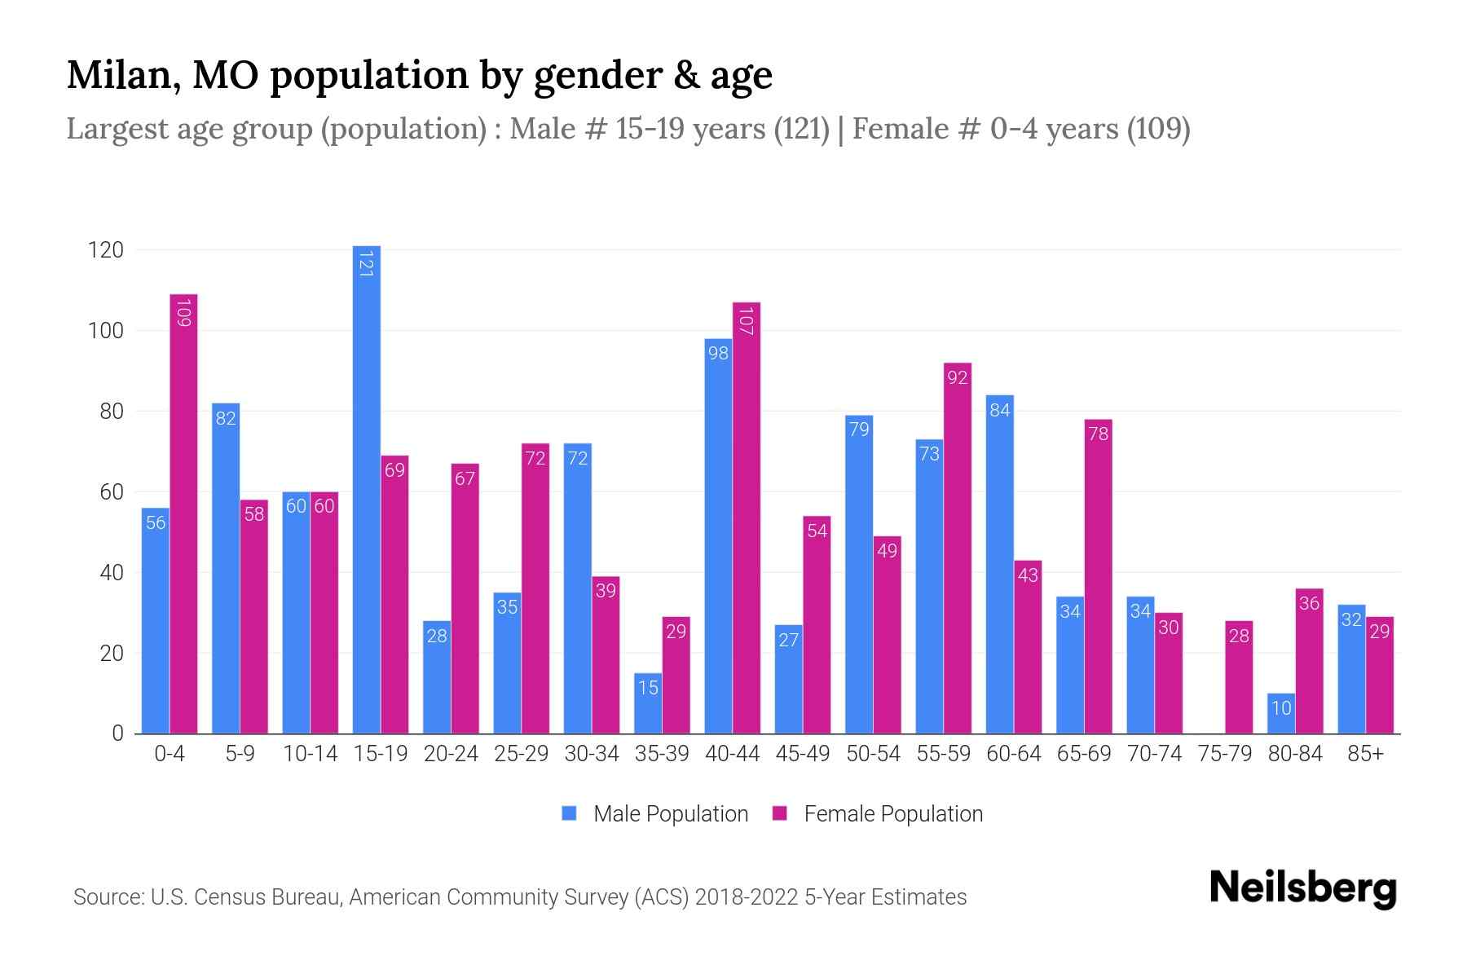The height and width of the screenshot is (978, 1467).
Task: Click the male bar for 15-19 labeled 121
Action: [366, 489]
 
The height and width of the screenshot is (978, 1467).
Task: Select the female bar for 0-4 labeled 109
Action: [183, 513]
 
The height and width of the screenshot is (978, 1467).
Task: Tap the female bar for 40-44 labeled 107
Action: [746, 518]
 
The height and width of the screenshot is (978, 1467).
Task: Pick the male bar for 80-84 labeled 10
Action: [1281, 714]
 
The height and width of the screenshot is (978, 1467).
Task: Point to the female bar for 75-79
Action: [1239, 677]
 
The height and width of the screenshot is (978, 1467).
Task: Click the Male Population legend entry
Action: [655, 813]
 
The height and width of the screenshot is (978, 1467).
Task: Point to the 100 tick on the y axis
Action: [106, 331]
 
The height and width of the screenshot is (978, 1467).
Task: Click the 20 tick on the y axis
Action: [112, 654]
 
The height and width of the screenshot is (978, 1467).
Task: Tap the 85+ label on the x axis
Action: [1365, 754]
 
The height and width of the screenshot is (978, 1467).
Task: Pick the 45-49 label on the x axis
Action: [803, 754]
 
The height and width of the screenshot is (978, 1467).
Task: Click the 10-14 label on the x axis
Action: [310, 754]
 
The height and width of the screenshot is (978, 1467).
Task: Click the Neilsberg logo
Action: [1302, 888]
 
